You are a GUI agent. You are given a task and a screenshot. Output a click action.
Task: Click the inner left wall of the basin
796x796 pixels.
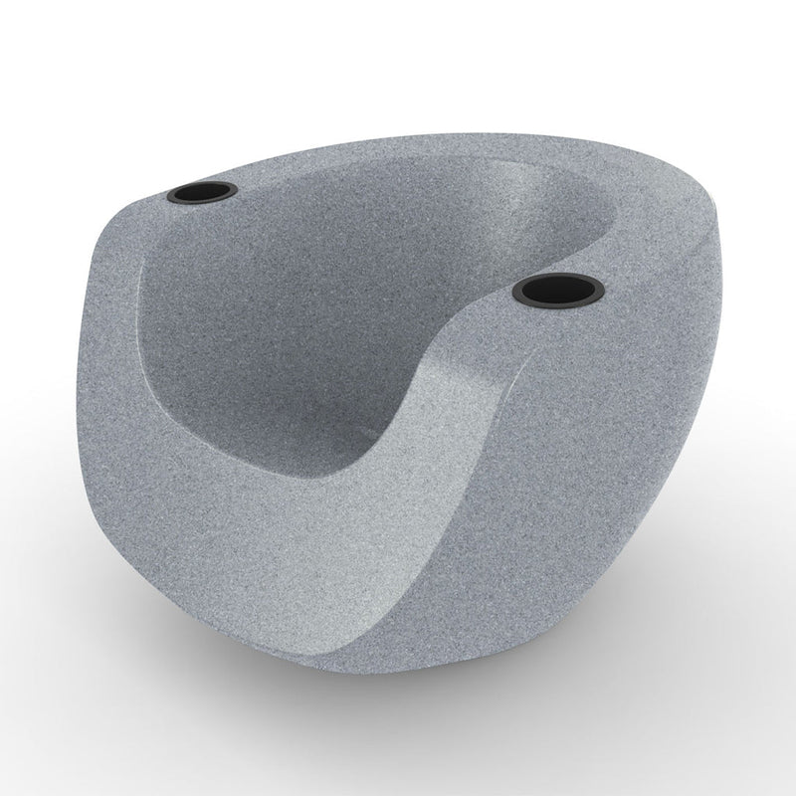pyautogui.click(x=189, y=328)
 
